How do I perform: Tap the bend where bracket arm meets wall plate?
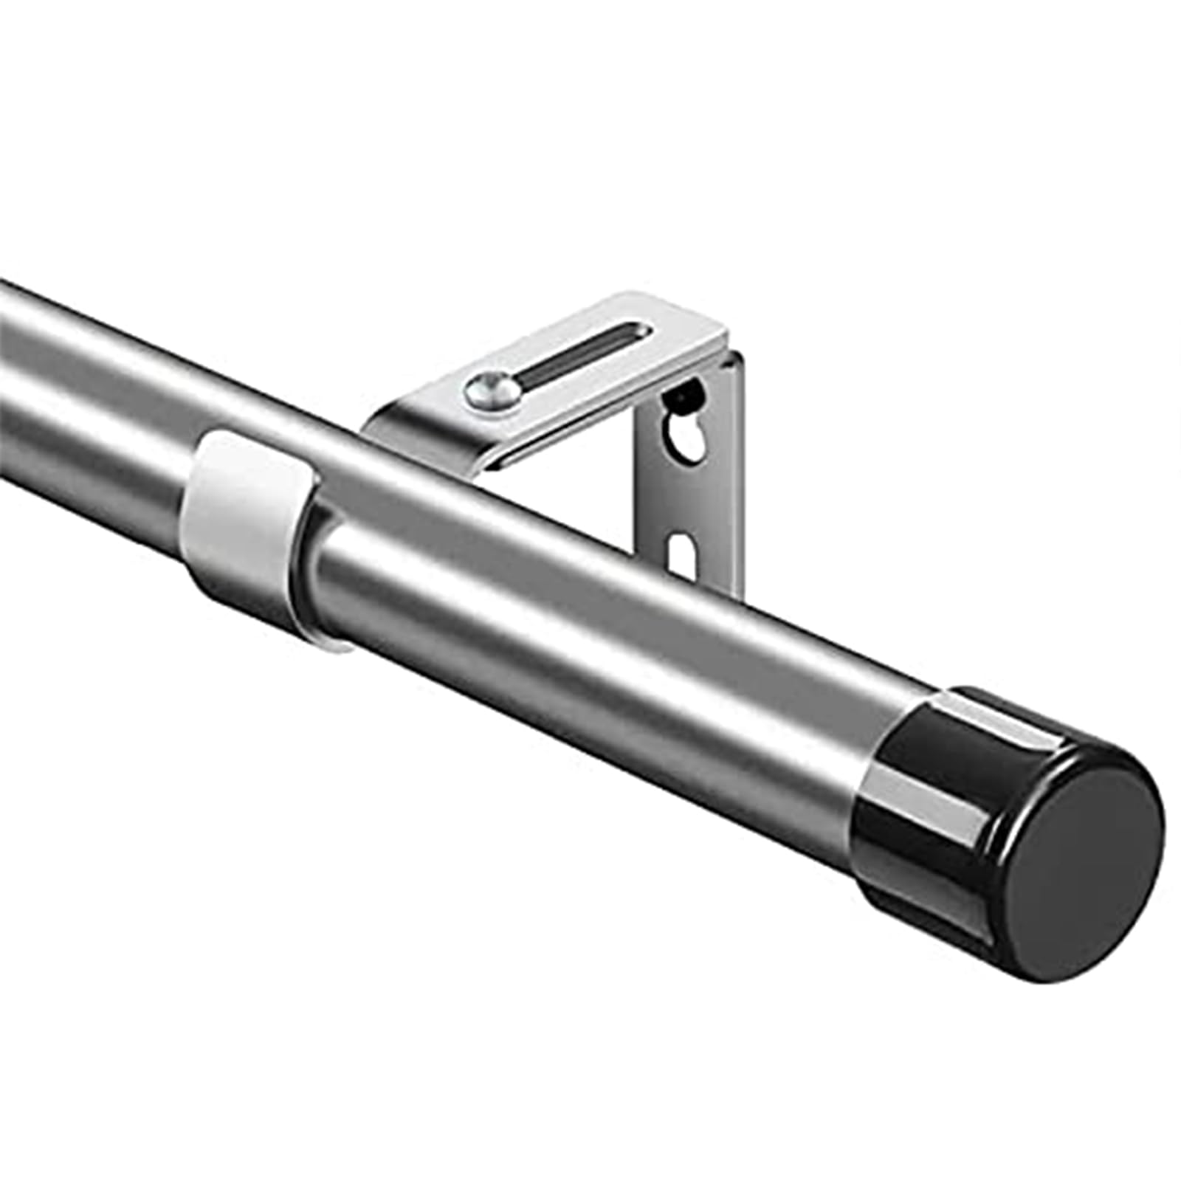pos(727,354)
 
